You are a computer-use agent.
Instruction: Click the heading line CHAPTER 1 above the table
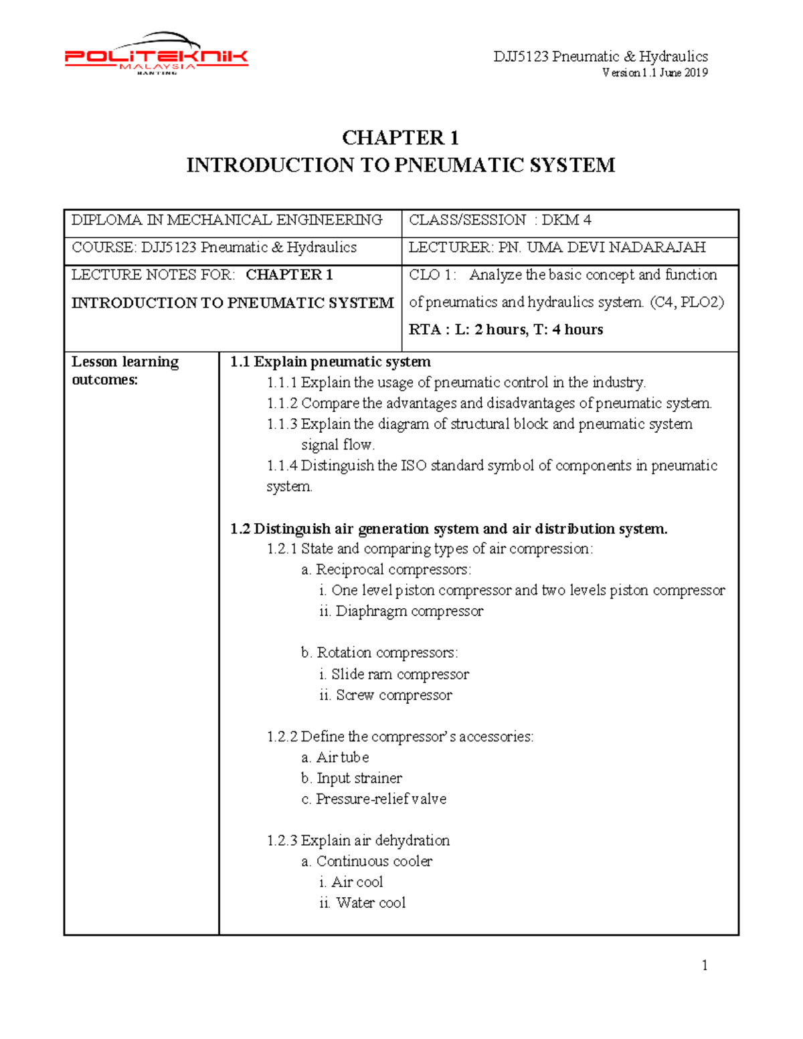click(x=400, y=138)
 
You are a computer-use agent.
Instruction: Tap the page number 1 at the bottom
click(x=705, y=965)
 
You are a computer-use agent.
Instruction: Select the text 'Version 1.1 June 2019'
click(x=654, y=73)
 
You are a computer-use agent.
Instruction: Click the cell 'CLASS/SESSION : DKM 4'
click(x=500, y=220)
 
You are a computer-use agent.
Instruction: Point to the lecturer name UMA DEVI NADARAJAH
click(x=616, y=248)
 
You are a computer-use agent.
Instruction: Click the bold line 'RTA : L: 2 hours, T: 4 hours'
click(x=506, y=329)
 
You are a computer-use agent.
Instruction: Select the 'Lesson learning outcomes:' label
click(x=125, y=371)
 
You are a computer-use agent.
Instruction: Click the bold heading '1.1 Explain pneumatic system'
click(x=331, y=362)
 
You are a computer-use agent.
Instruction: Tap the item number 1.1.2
click(x=282, y=403)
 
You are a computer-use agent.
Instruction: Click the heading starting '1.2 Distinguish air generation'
click(x=449, y=529)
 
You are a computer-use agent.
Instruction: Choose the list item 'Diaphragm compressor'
click(x=409, y=611)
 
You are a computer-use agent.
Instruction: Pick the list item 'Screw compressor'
click(x=393, y=695)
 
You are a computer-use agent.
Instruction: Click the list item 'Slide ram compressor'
click(x=400, y=674)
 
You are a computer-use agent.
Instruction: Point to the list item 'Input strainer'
click(x=359, y=778)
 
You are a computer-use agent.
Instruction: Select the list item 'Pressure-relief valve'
click(x=381, y=799)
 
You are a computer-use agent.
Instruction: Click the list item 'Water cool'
click(x=371, y=903)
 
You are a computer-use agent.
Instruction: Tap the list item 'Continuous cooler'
click(x=374, y=861)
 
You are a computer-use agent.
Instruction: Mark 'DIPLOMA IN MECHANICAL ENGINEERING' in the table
click(x=227, y=220)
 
